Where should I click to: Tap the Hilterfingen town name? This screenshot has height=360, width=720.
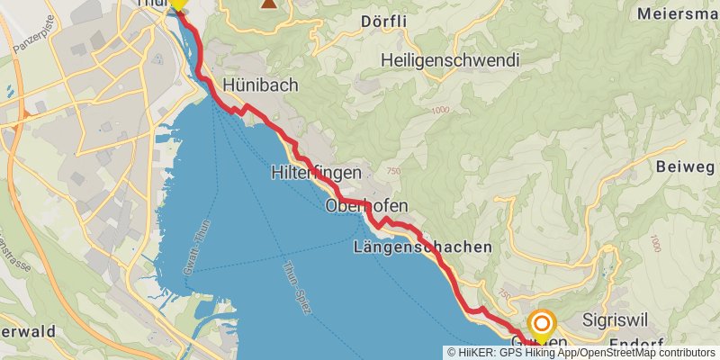pos(316,173)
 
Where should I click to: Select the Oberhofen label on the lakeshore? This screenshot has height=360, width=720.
pos(360,207)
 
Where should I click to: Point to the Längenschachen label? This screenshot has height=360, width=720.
pos(423,247)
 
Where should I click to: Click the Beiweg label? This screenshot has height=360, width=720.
pos(685,167)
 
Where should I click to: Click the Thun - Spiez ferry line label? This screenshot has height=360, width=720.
pos(296,287)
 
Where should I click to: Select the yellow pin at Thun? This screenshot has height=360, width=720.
pos(177,4)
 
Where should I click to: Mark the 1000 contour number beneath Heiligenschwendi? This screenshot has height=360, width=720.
pos(439,110)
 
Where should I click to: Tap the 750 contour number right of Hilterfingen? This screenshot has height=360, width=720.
pos(393,171)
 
